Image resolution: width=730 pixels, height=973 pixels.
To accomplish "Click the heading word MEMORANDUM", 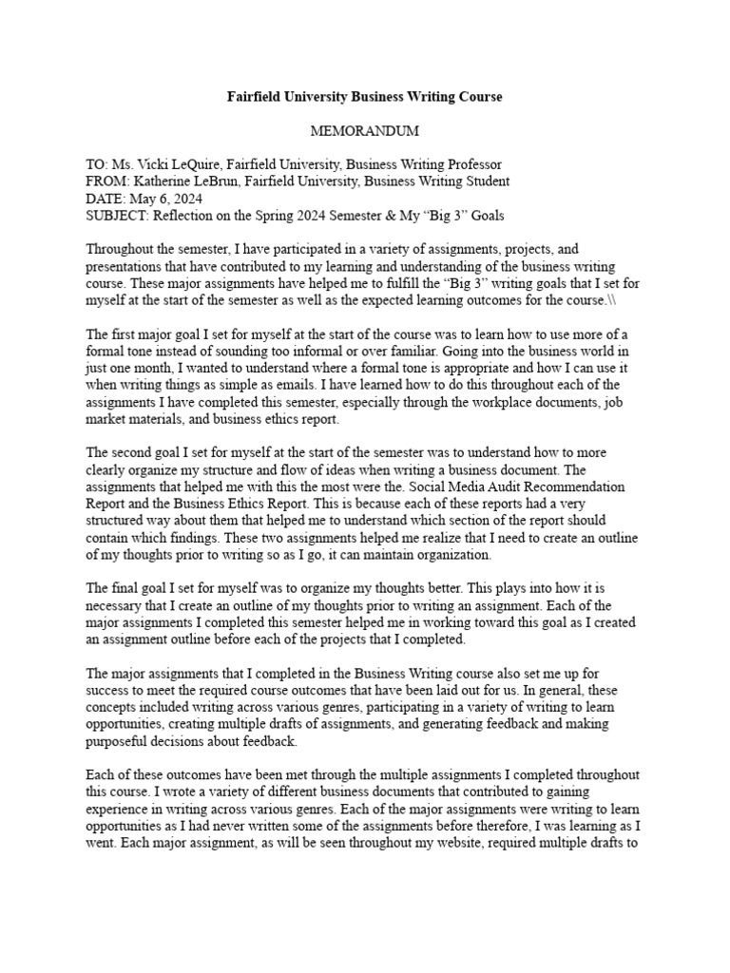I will pyautogui.click(x=364, y=129).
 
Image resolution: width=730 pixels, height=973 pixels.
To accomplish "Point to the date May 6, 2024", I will pyautogui.click(x=163, y=199).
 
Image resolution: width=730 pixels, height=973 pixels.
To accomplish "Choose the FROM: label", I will pyautogui.click(x=107, y=181).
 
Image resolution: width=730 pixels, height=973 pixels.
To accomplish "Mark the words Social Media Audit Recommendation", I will pyautogui.click(x=514, y=486).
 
